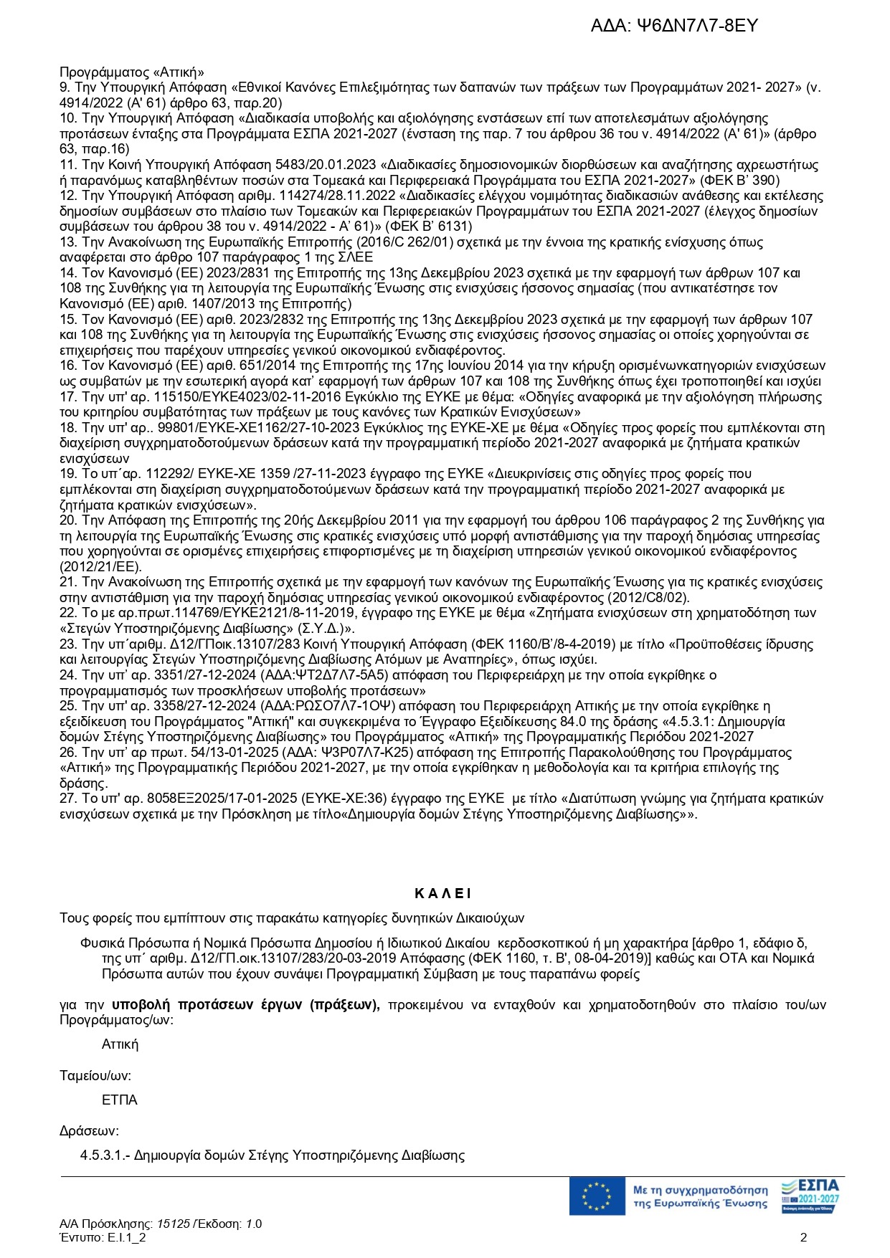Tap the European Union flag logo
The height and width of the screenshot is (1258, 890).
[597, 1196]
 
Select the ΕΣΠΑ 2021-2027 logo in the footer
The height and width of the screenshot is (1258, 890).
[810, 1196]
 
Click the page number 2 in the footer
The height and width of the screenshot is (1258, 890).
[804, 1237]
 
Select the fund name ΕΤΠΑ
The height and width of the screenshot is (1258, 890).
[120, 1100]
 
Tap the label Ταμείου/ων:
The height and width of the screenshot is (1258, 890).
[95, 1075]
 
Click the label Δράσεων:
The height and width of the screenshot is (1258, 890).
[89, 1131]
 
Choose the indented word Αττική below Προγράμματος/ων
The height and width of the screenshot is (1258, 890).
[120, 1044]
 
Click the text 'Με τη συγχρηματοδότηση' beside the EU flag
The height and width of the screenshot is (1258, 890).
[700, 1190]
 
